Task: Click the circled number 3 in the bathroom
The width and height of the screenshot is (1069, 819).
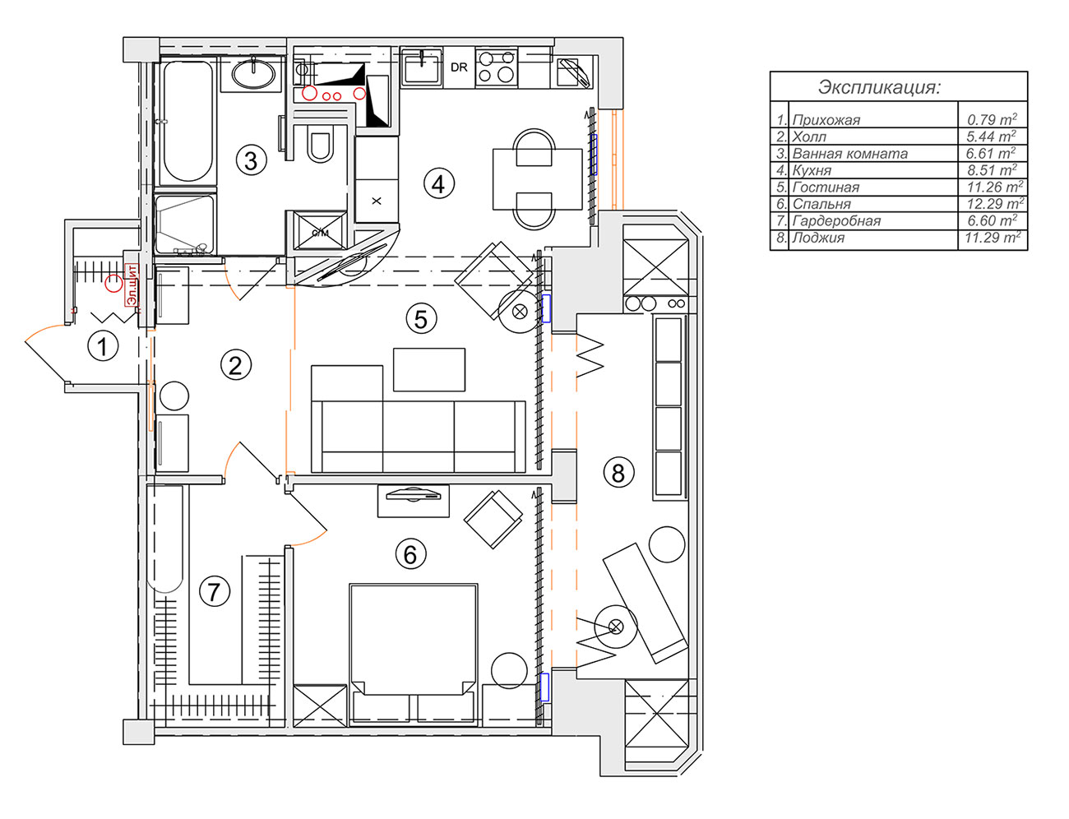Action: click(x=251, y=160)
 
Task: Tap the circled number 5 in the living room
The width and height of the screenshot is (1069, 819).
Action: click(x=421, y=319)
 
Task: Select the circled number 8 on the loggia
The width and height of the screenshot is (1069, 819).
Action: click(x=618, y=473)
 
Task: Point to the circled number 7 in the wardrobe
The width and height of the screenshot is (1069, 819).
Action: click(x=215, y=591)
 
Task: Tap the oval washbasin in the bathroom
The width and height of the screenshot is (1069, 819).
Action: click(x=253, y=74)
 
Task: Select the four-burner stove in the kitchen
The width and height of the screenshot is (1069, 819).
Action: click(x=497, y=67)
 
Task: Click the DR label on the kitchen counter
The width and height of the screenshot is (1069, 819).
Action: click(x=459, y=67)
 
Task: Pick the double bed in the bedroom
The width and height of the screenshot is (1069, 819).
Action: click(x=414, y=655)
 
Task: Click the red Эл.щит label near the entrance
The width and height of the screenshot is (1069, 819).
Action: click(x=132, y=285)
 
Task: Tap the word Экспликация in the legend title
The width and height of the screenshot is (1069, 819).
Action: click(x=878, y=87)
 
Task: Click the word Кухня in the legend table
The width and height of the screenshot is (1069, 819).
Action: click(x=812, y=171)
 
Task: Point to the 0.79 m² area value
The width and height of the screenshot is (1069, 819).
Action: click(x=992, y=119)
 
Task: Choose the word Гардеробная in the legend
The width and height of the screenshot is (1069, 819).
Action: click(x=836, y=221)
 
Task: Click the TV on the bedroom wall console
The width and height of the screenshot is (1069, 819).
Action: click(x=414, y=494)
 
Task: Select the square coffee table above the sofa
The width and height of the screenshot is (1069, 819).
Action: click(x=429, y=369)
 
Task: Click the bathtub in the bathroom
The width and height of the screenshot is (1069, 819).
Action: click(x=187, y=122)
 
